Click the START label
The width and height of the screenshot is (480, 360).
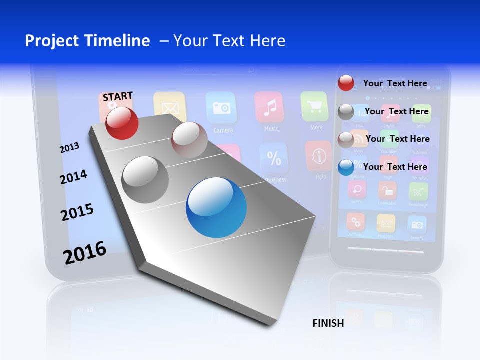tap(118, 96)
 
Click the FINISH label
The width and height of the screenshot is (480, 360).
tap(328, 323)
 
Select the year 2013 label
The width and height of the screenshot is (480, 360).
tap(69, 147)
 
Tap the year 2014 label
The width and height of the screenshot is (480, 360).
tap(73, 177)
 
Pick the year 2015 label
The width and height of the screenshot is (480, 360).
tap(77, 212)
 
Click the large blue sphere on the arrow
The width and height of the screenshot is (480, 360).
tap(216, 207)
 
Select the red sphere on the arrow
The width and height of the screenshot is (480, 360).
tap(122, 123)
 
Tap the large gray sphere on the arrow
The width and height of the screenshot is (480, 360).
tap(145, 179)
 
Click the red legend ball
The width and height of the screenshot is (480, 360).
tap(346, 83)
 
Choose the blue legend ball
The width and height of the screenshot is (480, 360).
tap(346, 167)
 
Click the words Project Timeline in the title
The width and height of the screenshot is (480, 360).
tap(87, 41)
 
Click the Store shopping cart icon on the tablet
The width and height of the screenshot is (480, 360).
tap(314, 106)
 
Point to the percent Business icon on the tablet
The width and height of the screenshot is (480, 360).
tap(274, 159)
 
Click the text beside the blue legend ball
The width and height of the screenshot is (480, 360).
tap(395, 167)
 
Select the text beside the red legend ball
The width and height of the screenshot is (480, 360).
tap(395, 83)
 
